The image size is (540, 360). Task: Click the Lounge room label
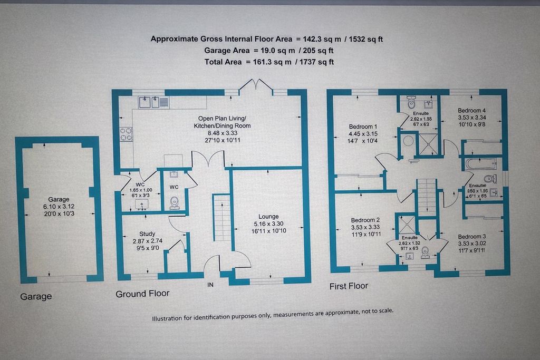tap(268, 216)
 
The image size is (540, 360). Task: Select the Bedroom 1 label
tap(363, 127)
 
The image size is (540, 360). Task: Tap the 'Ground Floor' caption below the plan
tap(142, 293)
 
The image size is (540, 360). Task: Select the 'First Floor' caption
tap(349, 286)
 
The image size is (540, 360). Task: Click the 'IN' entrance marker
tap(211, 285)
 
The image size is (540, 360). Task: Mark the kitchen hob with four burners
tap(126, 135)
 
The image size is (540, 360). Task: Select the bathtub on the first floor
tap(477, 163)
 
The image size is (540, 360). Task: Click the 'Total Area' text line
tap(269, 62)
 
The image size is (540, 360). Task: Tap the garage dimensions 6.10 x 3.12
tap(59, 207)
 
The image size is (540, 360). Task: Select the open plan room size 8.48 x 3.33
tap(224, 134)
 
